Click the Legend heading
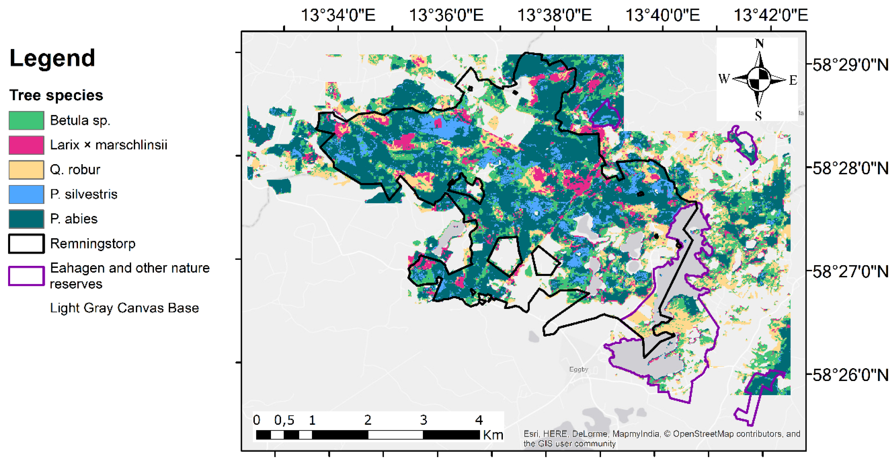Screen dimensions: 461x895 (52, 58)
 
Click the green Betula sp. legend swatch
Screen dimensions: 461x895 (26, 120)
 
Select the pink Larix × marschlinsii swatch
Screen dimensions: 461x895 (26, 145)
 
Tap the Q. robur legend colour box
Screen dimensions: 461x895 (26, 170)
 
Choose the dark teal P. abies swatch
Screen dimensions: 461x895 (26, 219)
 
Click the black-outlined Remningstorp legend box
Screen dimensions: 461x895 (26, 244)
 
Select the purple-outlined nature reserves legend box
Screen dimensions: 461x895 (26, 276)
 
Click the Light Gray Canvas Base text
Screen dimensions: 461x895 (124, 308)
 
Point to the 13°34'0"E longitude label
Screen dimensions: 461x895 (338, 15)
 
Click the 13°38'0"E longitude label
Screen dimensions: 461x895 (554, 15)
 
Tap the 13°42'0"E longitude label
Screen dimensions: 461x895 (771, 15)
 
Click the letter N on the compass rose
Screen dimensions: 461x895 (759, 44)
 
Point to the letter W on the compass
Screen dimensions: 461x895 (724, 79)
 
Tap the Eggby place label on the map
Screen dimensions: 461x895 (578, 369)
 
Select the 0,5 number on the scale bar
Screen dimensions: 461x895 (284, 420)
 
